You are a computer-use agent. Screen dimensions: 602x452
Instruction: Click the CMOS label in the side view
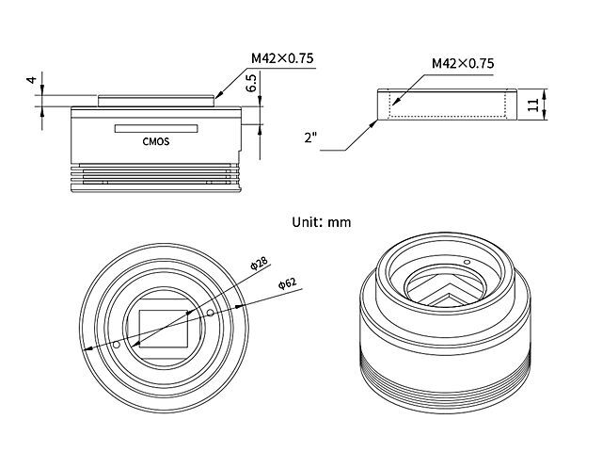[156, 141]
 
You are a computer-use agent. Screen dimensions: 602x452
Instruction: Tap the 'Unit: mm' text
[322, 222]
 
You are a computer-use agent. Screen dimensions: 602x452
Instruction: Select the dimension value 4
[31, 79]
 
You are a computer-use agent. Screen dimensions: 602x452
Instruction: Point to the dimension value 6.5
[251, 83]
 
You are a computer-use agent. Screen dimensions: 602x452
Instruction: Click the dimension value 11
[533, 105]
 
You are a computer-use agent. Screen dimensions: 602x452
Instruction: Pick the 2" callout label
[310, 137]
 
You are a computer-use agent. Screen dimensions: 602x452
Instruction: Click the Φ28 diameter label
[259, 264]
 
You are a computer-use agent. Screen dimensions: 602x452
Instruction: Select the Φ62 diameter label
[288, 283]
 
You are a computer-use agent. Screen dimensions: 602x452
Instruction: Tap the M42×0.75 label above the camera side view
[282, 58]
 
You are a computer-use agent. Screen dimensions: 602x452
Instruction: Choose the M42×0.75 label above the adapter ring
[463, 63]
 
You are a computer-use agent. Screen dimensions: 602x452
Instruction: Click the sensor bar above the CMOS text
[156, 128]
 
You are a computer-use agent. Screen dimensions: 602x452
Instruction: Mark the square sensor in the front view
[164, 329]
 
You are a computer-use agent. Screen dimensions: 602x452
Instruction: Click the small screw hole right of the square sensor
[210, 314]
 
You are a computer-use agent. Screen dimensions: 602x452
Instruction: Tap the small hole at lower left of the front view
[117, 345]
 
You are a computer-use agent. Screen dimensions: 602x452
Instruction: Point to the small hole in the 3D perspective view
[467, 262]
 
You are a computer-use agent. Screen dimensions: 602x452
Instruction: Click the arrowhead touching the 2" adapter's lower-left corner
[373, 123]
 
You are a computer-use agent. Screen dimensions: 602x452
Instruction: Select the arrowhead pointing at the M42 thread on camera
[219, 95]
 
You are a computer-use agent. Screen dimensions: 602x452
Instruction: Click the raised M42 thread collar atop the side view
[155, 101]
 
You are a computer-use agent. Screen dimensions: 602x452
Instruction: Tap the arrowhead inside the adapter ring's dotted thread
[396, 101]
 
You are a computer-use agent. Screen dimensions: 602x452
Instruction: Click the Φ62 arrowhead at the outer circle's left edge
[87, 349]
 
